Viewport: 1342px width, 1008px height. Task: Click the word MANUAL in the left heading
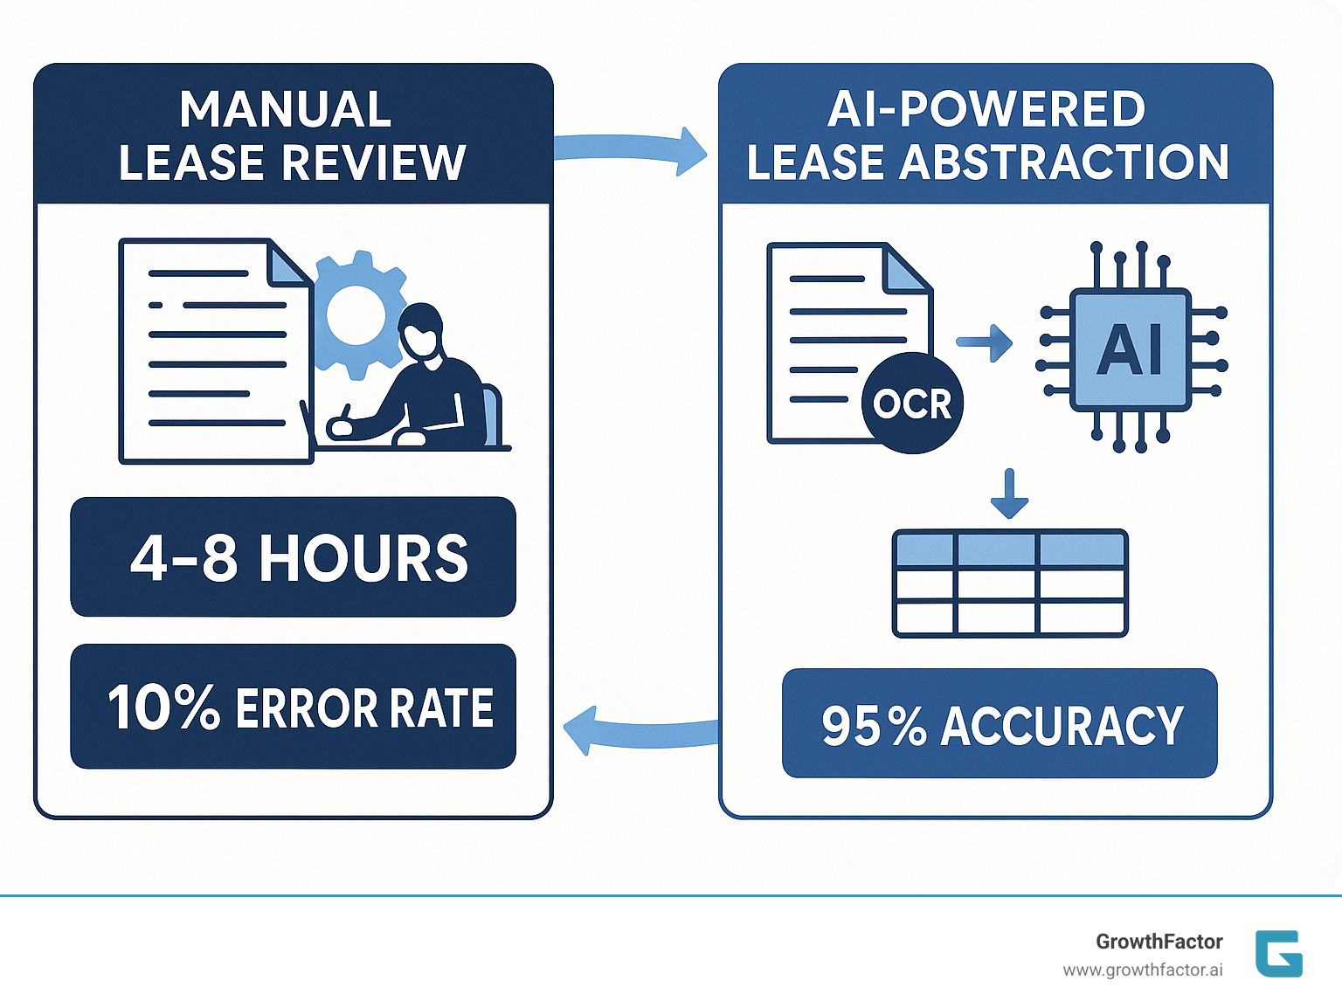[x=285, y=110]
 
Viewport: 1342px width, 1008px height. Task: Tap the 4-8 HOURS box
[x=294, y=557]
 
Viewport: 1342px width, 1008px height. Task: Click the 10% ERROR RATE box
[x=294, y=707]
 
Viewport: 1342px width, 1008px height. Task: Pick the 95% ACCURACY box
[x=1000, y=724]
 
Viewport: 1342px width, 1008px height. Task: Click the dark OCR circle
[x=912, y=404]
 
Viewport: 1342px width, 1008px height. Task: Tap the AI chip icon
[x=1131, y=349]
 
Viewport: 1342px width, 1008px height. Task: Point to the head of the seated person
[x=421, y=330]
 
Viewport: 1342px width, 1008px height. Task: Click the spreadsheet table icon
[x=1010, y=583]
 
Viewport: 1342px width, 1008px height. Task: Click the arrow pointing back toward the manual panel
[x=638, y=732]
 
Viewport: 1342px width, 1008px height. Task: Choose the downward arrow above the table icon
[x=1009, y=494]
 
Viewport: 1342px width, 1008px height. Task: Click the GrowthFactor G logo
[x=1278, y=954]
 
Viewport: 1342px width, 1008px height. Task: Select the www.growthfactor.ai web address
[x=1142, y=970]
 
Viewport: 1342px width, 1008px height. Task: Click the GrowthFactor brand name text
[x=1159, y=942]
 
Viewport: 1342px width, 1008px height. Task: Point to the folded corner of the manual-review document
[x=288, y=264]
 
